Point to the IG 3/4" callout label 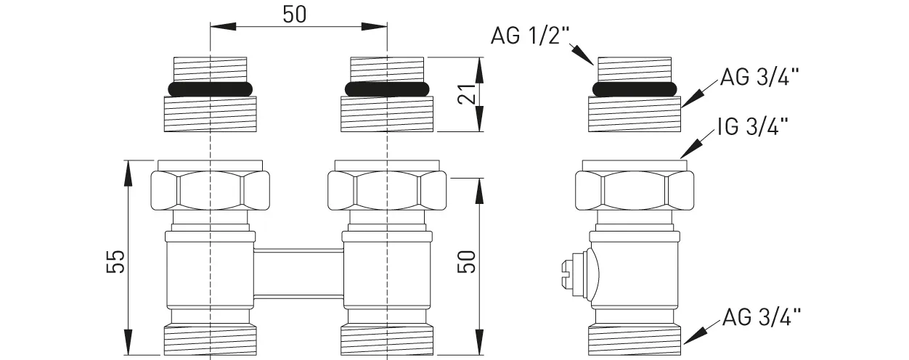click(752, 128)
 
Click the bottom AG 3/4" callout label click(762, 316)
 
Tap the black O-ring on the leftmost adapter click(211, 89)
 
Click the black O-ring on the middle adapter click(386, 89)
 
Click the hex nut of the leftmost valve click(211, 190)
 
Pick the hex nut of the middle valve click(386, 190)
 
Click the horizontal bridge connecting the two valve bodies click(298, 272)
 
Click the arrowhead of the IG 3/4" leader click(684, 154)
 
